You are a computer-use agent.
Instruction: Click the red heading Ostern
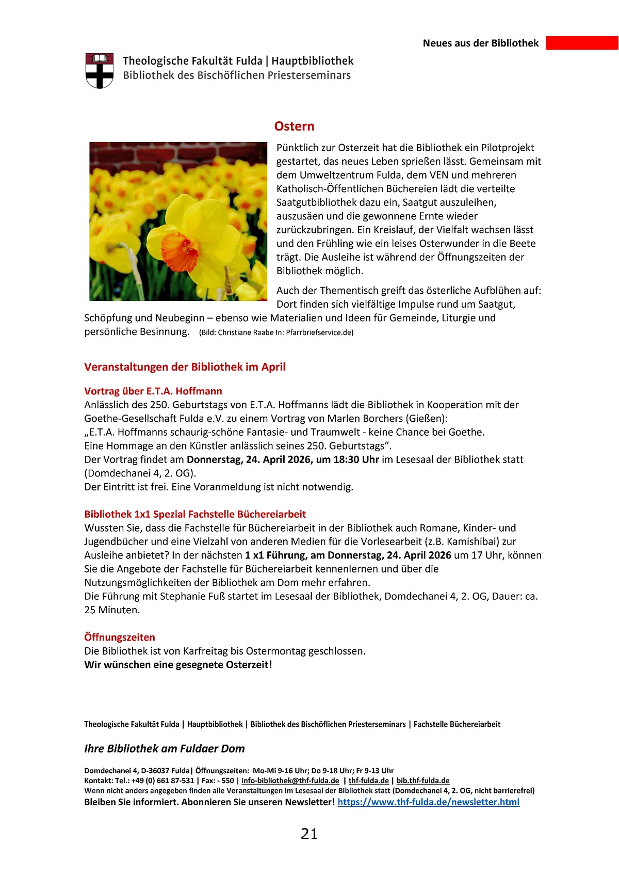click(294, 126)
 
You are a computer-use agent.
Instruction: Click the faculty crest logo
click(99, 70)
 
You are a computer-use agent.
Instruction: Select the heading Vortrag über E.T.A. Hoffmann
click(153, 391)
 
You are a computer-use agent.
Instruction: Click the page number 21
click(309, 834)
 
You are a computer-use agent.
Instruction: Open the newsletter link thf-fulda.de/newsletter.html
click(428, 802)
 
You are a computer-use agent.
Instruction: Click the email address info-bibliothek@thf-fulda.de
click(290, 781)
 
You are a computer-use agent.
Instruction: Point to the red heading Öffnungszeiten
click(120, 638)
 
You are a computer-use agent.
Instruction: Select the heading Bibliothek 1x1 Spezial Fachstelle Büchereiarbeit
click(195, 514)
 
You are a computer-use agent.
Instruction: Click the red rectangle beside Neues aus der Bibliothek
click(582, 43)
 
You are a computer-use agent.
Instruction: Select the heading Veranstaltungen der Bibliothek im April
click(185, 367)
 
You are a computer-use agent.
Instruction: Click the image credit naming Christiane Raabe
click(276, 332)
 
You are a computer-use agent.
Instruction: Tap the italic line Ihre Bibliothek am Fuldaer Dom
click(165, 748)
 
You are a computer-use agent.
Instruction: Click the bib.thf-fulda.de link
click(423, 781)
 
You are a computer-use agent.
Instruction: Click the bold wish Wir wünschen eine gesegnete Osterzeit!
click(178, 665)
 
